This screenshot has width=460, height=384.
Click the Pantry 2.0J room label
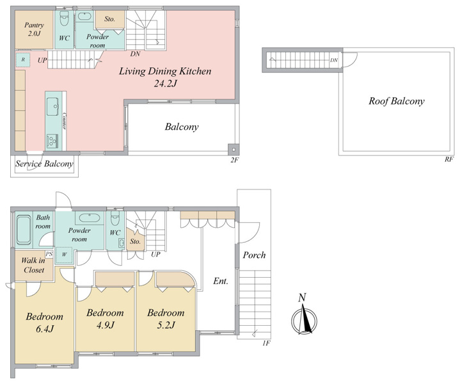(x=34, y=29)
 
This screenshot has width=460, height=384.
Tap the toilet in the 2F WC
(x=64, y=18)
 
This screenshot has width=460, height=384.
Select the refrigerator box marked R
(x=23, y=60)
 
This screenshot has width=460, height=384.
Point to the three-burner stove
(x=52, y=141)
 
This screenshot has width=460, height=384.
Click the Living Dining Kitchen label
(x=165, y=71)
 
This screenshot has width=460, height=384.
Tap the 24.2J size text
(x=166, y=84)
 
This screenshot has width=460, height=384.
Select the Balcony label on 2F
(x=182, y=127)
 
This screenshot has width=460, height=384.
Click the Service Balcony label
(x=44, y=164)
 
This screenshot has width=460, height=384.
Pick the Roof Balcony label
(x=397, y=101)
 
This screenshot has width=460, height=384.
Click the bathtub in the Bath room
(x=24, y=230)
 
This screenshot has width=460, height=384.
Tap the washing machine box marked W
(x=64, y=254)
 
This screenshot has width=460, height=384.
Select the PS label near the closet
(x=49, y=254)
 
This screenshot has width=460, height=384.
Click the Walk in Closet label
(x=33, y=265)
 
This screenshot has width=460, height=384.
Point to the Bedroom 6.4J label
(x=45, y=323)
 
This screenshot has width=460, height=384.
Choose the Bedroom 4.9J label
(x=105, y=319)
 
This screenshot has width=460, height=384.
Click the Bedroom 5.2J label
(x=166, y=319)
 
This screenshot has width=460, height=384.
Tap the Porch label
(x=254, y=255)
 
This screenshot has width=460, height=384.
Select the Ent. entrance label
(x=221, y=281)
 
